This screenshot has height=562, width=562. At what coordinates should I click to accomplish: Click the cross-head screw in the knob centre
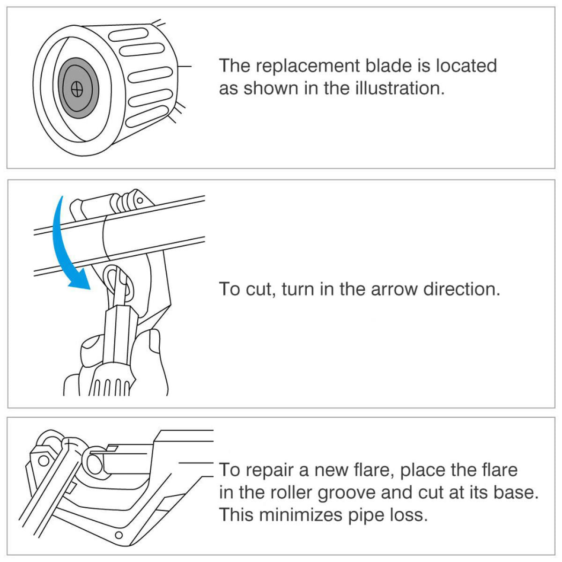click(78, 89)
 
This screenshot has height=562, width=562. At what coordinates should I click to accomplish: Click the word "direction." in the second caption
click(462, 289)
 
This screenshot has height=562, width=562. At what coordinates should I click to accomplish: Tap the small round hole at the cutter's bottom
click(118, 535)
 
